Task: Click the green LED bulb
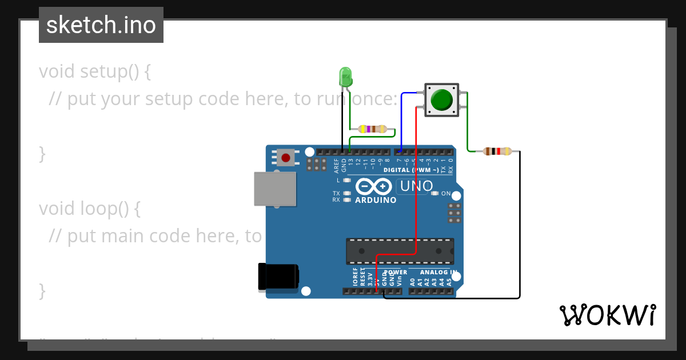[x=345, y=77]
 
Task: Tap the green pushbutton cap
[x=441, y=100]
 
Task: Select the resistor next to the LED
[x=372, y=129]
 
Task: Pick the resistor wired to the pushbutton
[x=497, y=151]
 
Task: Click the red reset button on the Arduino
[x=286, y=157]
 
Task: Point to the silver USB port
[x=276, y=189]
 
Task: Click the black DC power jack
[x=278, y=276]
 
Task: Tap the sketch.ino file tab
[x=101, y=25]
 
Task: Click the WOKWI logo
[x=607, y=315]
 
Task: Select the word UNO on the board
[x=416, y=186]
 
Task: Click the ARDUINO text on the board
[x=376, y=201]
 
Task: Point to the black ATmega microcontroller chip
[x=400, y=251]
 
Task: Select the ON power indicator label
[x=446, y=193]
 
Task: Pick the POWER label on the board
[x=396, y=273]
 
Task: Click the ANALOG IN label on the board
[x=438, y=273]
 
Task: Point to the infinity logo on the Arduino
[x=374, y=187]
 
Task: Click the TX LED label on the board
[x=336, y=193]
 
